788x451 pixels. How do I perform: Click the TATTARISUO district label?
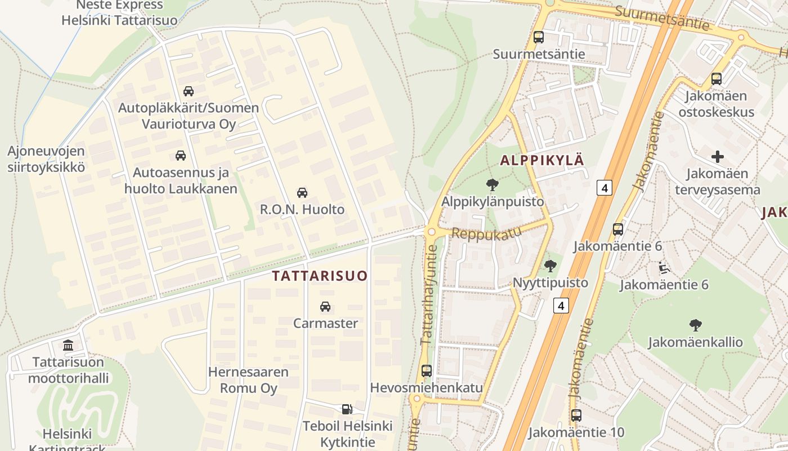pyautogui.click(x=319, y=276)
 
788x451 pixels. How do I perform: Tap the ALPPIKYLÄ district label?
pyautogui.click(x=542, y=160)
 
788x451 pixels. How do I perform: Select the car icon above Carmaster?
pyautogui.click(x=325, y=307)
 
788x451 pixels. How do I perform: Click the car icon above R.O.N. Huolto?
pyautogui.click(x=302, y=193)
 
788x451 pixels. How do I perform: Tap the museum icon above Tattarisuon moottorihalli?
pyautogui.click(x=68, y=345)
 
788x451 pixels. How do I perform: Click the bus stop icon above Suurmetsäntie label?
pyautogui.click(x=539, y=37)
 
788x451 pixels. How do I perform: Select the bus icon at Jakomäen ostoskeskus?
pyautogui.click(x=716, y=79)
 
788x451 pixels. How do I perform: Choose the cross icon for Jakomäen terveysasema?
pyautogui.click(x=718, y=157)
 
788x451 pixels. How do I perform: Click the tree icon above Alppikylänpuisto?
pyautogui.click(x=492, y=184)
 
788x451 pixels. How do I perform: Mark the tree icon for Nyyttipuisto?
pyautogui.click(x=550, y=266)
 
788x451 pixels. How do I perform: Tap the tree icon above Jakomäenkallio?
pyautogui.click(x=695, y=325)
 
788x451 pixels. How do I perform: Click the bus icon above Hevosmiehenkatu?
pyautogui.click(x=426, y=371)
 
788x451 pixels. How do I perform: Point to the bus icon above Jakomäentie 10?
pyautogui.click(x=576, y=416)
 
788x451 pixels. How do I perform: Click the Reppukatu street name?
pyautogui.click(x=483, y=233)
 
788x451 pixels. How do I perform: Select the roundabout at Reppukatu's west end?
pyautogui.click(x=432, y=232)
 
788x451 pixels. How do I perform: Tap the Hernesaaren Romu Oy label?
pyautogui.click(x=248, y=380)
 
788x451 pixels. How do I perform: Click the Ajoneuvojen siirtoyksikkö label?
pyautogui.click(x=46, y=159)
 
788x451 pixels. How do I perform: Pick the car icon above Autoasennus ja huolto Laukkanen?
pyautogui.click(x=181, y=156)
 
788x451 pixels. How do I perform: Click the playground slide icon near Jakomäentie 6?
pyautogui.click(x=664, y=267)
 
